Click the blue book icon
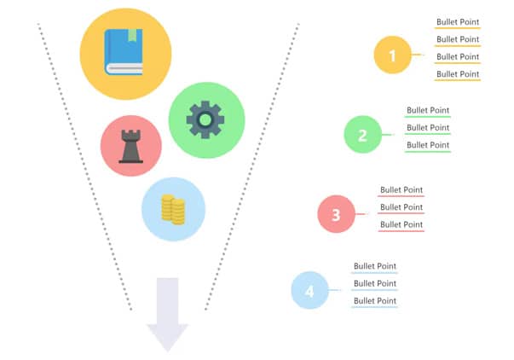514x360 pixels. (124, 54)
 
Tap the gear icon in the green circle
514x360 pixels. (205, 120)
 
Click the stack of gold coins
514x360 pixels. (173, 209)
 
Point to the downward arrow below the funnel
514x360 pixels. (167, 314)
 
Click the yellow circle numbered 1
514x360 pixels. (392, 55)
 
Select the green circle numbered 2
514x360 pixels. (362, 135)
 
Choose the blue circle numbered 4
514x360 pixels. (309, 291)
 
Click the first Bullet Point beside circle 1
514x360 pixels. (458, 21)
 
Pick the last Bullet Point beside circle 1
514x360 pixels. (458, 74)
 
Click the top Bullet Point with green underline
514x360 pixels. (427, 110)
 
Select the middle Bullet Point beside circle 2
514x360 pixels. (427, 128)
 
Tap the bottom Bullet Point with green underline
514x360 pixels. (427, 145)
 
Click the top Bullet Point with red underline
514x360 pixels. (401, 189)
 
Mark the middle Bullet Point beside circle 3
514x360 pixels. (401, 207)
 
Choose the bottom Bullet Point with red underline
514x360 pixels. (401, 224)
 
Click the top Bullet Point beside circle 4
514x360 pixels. (375, 266)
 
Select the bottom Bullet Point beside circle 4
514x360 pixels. (375, 301)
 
